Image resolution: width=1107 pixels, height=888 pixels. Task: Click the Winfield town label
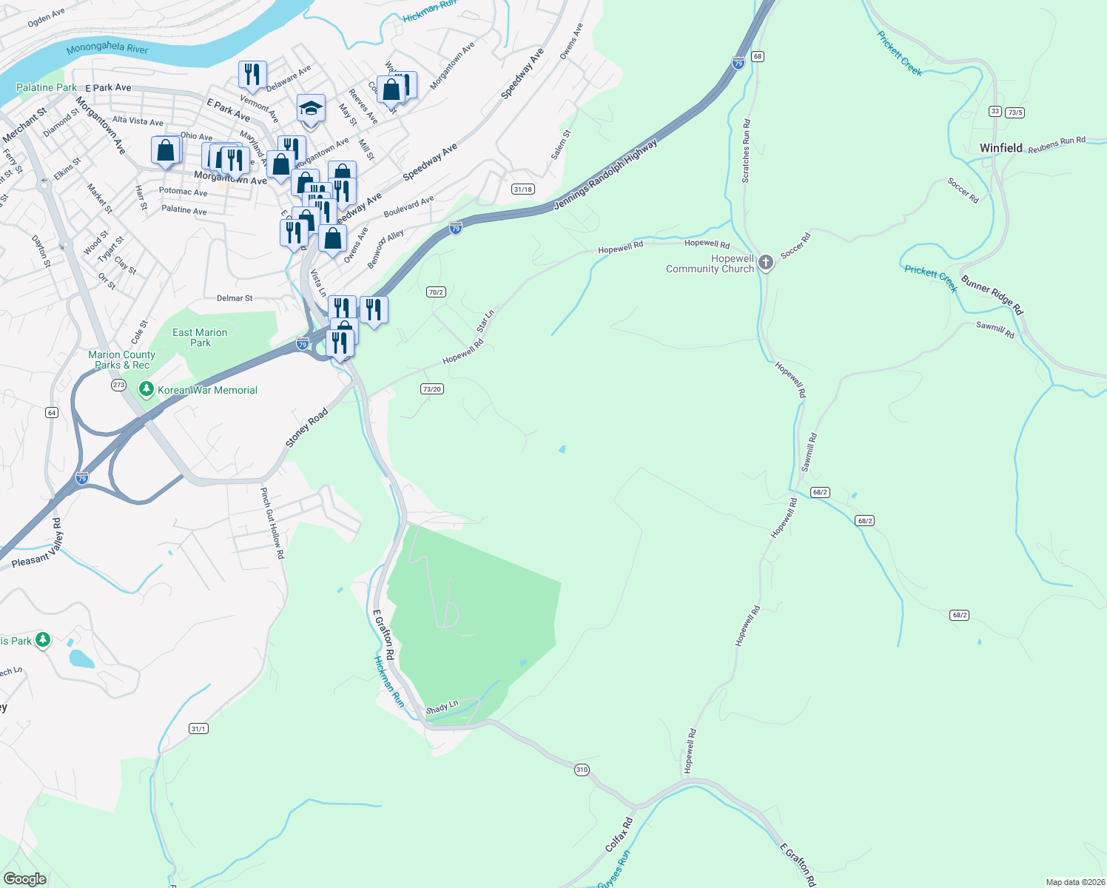pyautogui.click(x=1000, y=148)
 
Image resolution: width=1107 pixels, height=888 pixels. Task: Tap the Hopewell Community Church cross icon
pyautogui.click(x=766, y=262)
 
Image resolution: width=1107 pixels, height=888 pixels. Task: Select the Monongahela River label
pyautogui.click(x=107, y=48)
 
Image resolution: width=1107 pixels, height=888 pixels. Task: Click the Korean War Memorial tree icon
pyautogui.click(x=147, y=389)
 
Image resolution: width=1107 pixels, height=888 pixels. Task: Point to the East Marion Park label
pyautogui.click(x=200, y=337)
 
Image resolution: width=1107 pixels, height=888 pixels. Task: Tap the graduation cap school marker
pyautogui.click(x=311, y=110)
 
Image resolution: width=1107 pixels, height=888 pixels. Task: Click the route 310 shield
pyautogui.click(x=582, y=770)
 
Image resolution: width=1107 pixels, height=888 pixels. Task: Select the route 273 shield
pyautogui.click(x=118, y=385)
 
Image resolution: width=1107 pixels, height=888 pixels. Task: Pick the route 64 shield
pyautogui.click(x=52, y=412)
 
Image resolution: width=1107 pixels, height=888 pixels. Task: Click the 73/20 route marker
pyautogui.click(x=431, y=388)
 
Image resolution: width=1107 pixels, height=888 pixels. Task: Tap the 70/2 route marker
pyautogui.click(x=436, y=292)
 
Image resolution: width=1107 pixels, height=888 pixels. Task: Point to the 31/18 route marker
pyautogui.click(x=522, y=189)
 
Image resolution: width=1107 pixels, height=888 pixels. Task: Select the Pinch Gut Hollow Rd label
pyautogui.click(x=272, y=522)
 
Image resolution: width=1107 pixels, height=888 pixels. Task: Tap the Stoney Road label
pyautogui.click(x=307, y=428)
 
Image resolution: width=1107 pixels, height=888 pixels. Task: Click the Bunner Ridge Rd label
pyautogui.click(x=992, y=295)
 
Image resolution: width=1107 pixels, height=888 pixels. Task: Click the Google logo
pyautogui.click(x=25, y=878)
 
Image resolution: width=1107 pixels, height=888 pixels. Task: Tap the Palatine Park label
pyautogui.click(x=46, y=87)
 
